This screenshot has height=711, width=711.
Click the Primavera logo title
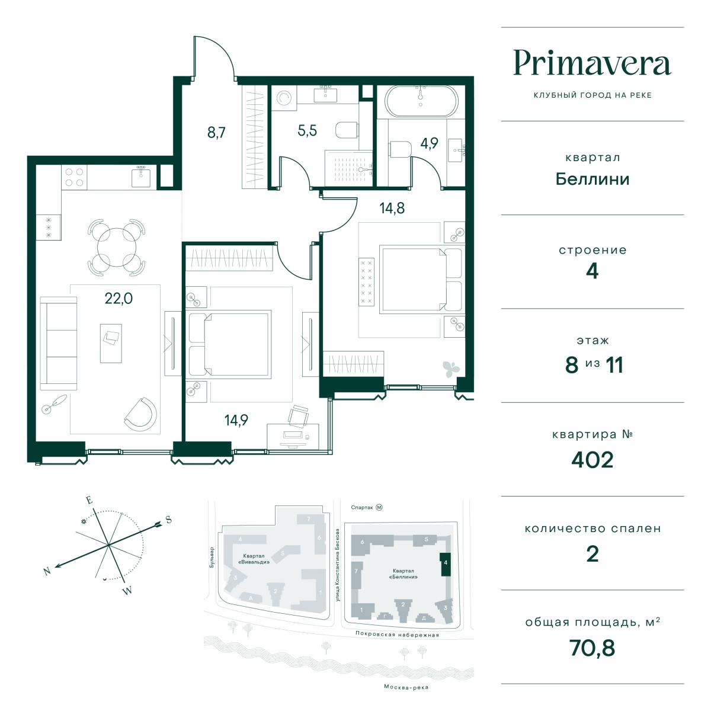(x=592, y=63)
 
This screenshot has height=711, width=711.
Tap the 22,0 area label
(x=118, y=298)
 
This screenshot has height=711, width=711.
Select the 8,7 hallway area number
(x=216, y=133)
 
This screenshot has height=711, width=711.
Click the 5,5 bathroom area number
(x=308, y=130)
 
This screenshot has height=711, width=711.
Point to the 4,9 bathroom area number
(x=429, y=143)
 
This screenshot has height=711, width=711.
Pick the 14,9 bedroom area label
(x=236, y=420)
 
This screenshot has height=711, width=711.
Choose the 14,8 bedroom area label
(x=392, y=208)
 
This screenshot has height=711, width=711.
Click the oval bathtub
(x=421, y=101)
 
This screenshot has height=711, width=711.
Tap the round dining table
(x=117, y=247)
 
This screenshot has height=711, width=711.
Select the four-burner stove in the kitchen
(x=74, y=177)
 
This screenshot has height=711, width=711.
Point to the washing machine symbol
(x=284, y=98)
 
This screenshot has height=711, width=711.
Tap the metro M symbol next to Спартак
(x=379, y=507)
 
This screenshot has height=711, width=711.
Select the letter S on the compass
(x=169, y=520)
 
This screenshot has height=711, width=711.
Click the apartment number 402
(x=592, y=460)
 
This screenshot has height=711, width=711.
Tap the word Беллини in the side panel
(x=592, y=180)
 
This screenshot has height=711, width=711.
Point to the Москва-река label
(x=406, y=687)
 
